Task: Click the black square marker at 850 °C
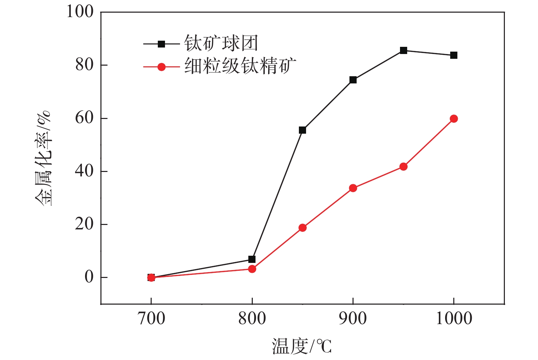click(x=302, y=130)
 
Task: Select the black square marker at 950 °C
click(x=403, y=51)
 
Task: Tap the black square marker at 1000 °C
click(x=454, y=55)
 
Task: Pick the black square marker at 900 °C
click(x=353, y=80)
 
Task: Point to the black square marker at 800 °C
click(x=252, y=259)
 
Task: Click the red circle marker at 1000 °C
click(x=454, y=119)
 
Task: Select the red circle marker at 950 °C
click(x=403, y=166)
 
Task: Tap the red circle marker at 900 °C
click(x=353, y=188)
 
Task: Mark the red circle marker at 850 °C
click(x=302, y=228)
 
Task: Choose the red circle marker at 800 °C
click(x=252, y=269)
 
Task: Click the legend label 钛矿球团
click(x=221, y=43)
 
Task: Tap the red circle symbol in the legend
click(x=162, y=67)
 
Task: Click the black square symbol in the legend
click(x=162, y=44)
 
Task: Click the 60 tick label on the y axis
click(x=84, y=118)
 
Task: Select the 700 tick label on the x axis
click(x=151, y=319)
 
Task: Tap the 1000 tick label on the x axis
click(x=454, y=319)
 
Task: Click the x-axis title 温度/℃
click(x=302, y=346)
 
